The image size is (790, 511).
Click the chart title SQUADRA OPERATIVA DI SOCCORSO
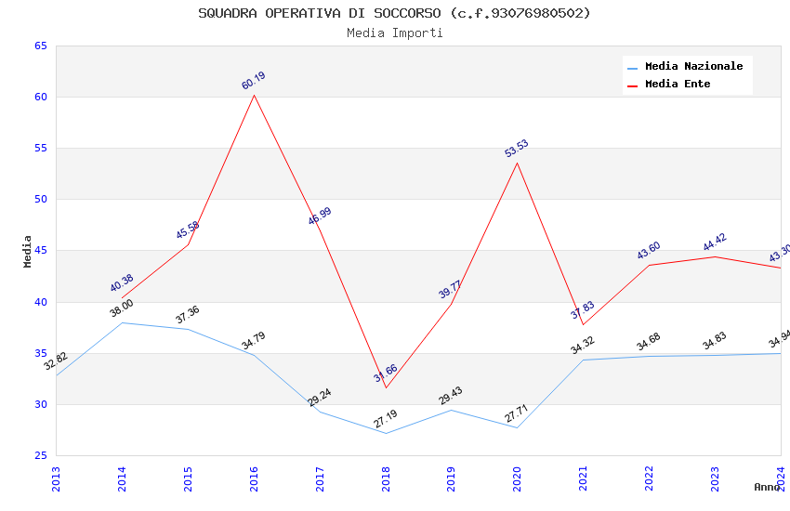394,13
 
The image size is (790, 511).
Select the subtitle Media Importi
394,33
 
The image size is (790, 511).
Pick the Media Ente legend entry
678,85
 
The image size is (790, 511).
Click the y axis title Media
28,251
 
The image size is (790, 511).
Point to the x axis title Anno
767,487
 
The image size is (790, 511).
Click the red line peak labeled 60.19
254,95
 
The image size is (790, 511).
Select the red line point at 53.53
517,163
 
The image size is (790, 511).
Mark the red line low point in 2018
386,387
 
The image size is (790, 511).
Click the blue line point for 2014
122,322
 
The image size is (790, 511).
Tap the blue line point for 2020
517,427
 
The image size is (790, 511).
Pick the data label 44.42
715,242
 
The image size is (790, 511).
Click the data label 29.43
451,396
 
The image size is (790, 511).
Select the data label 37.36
188,315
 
